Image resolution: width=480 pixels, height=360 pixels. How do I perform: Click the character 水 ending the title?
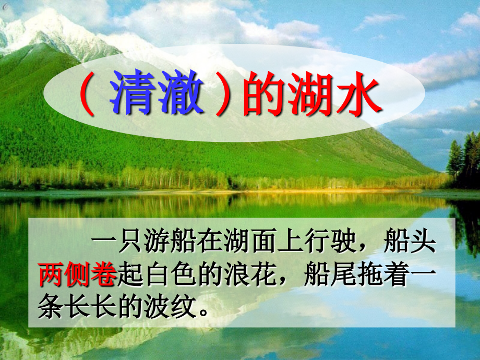click(360, 95)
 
